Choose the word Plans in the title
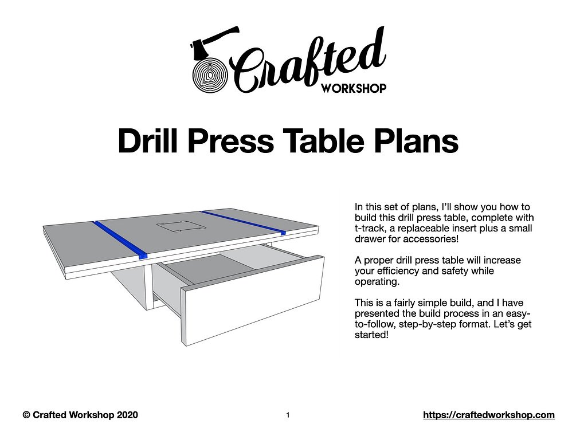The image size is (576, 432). point(415,140)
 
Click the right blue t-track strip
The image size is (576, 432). point(243,222)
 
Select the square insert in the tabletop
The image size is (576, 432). point(178,225)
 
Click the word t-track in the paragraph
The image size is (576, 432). point(370,227)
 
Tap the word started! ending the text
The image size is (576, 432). point(372,335)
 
